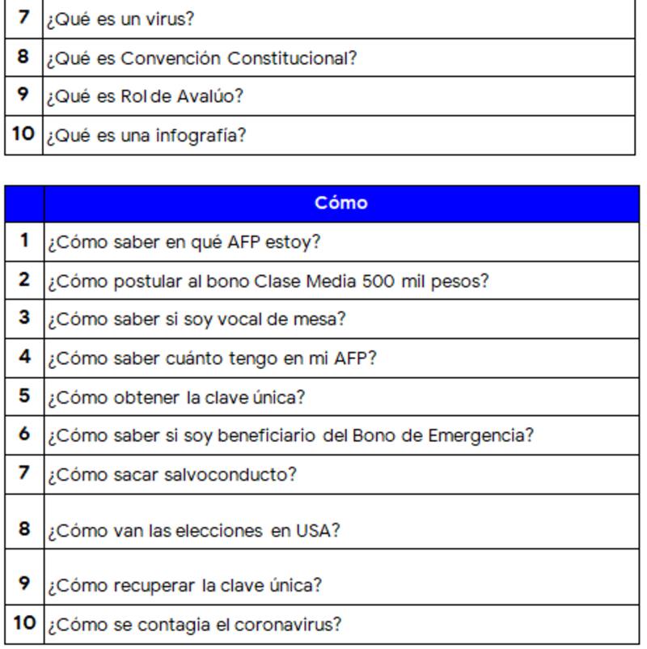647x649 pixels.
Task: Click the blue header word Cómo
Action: click(340, 202)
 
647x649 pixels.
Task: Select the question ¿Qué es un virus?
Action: click(120, 19)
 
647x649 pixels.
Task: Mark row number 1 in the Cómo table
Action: click(24, 240)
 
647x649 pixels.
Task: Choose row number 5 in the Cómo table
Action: click(24, 396)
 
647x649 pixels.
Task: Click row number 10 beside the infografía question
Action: click(24, 134)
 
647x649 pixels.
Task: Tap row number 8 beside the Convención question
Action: click(23, 57)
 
